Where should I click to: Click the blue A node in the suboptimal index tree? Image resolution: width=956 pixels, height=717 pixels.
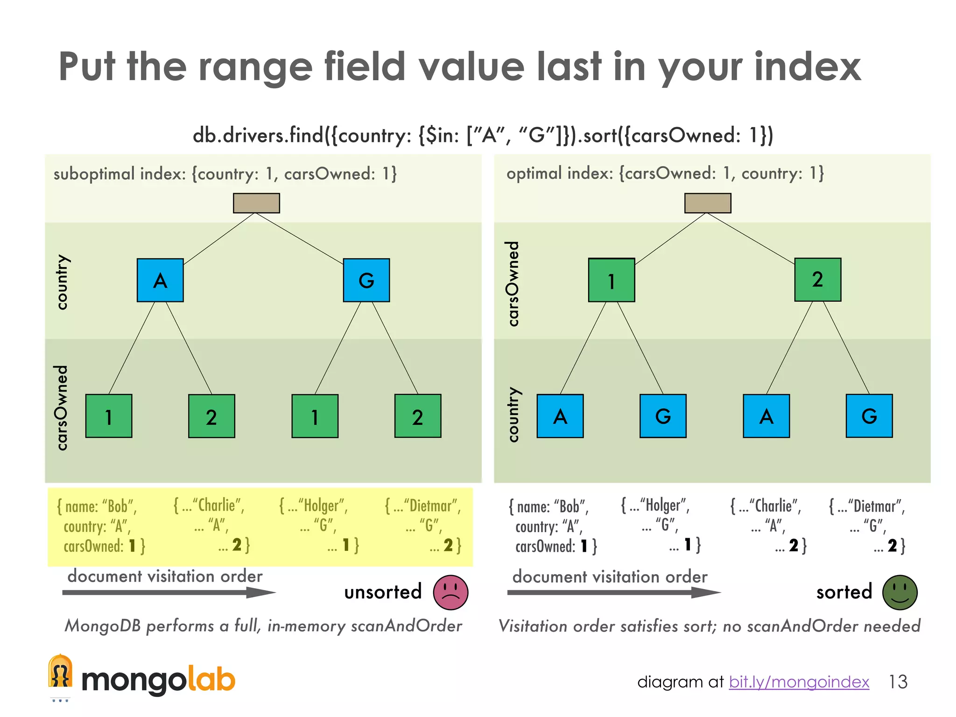coord(160,280)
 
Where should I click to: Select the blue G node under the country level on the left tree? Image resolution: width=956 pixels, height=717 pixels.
coord(366,280)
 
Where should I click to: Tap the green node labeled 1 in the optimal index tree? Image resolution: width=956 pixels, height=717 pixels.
coord(612,280)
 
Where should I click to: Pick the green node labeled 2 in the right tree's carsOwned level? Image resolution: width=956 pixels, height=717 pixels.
coord(818,280)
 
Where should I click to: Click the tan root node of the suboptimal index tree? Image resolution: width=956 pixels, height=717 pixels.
coord(256,203)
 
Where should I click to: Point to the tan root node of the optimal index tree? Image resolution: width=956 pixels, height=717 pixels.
coord(708,203)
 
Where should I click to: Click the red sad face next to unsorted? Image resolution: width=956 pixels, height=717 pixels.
coord(450,592)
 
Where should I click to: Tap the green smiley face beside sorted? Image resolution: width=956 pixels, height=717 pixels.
coord(900,592)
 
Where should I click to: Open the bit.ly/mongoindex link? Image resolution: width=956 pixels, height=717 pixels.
coord(799,682)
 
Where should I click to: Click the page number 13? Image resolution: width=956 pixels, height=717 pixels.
coord(898,682)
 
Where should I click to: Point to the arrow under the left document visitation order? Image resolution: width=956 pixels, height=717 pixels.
coord(168,592)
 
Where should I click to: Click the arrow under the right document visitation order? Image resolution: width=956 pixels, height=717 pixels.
coord(613,592)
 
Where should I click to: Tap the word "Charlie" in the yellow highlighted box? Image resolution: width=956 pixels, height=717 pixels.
coord(217,506)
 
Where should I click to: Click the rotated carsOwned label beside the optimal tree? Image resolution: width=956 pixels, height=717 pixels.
coord(513,283)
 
